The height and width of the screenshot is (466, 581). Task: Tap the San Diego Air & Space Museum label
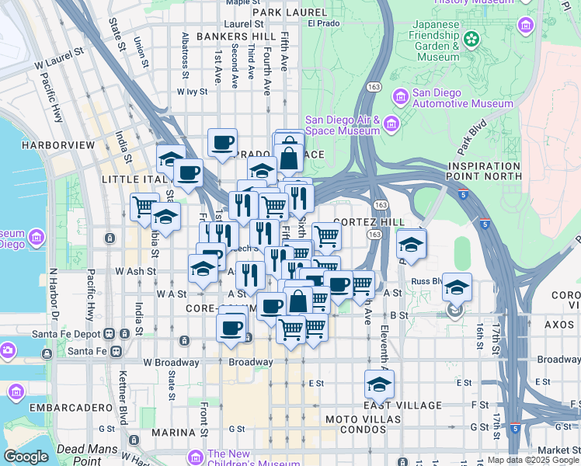coord(342,125)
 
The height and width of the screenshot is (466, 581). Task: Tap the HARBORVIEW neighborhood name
coord(58,145)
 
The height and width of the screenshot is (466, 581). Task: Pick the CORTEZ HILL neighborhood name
coord(370,222)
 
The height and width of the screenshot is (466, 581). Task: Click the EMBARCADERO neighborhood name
coord(61,407)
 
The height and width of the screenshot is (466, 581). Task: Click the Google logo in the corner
coord(26,457)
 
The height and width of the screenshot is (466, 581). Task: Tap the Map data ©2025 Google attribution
coord(533,460)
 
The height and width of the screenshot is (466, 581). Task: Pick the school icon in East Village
coord(378,384)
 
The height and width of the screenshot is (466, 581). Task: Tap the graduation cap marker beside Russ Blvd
coord(457,287)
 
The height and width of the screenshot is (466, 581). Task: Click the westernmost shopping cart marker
coord(144,207)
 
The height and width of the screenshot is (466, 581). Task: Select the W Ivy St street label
coord(192,91)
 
